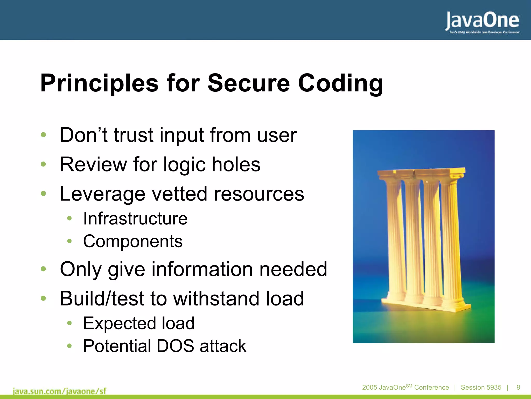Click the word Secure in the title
pos(248,83)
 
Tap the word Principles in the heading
pos(99,83)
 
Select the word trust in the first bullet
pos(134,135)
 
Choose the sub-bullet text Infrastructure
pos(135,219)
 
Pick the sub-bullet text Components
pos(133,241)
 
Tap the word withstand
pos(216,299)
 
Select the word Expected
pos(119,324)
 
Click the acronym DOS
pos(175,346)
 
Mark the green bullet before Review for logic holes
pos(43,164)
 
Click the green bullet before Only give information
pos(43,269)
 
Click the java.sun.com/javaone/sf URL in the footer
pos(59,391)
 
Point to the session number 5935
pos(494,387)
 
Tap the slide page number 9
pos(518,387)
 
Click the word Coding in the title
pos(340,83)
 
